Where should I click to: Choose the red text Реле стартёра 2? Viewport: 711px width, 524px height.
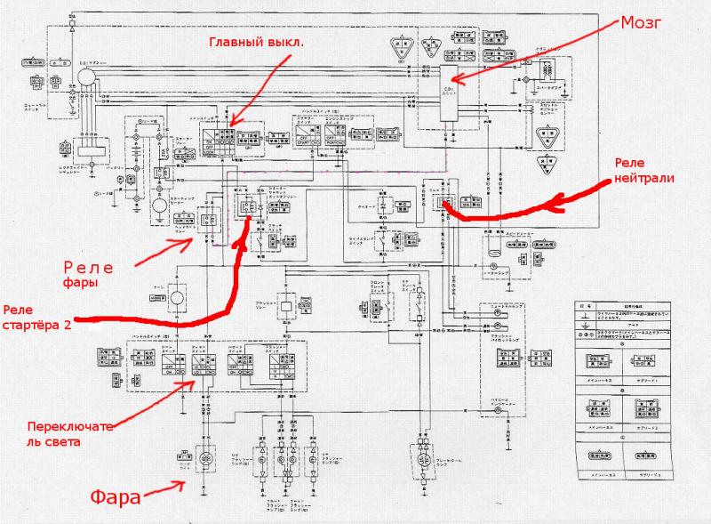(x=37, y=317)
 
